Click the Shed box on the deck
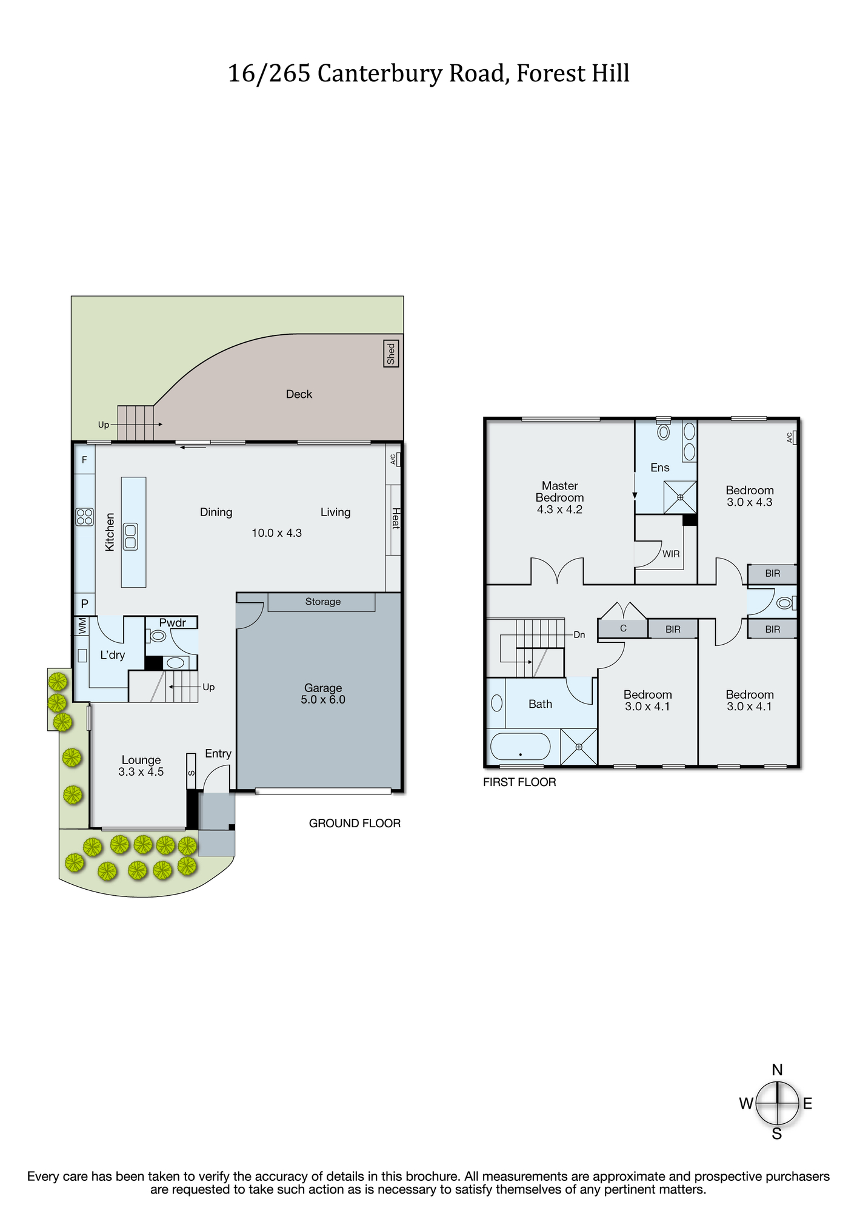[391, 353]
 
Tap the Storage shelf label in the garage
[322, 602]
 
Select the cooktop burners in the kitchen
[85, 517]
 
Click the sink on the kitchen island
[130, 536]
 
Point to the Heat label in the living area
[395, 519]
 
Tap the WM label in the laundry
[82, 626]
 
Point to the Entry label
[218, 753]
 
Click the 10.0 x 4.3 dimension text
[276, 533]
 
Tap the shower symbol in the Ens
[680, 497]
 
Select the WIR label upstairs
[671, 554]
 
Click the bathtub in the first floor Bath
[521, 747]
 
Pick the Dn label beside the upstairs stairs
[579, 634]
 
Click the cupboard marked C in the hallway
[623, 628]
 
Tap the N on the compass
[777, 1070]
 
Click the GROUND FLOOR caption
[355, 823]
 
